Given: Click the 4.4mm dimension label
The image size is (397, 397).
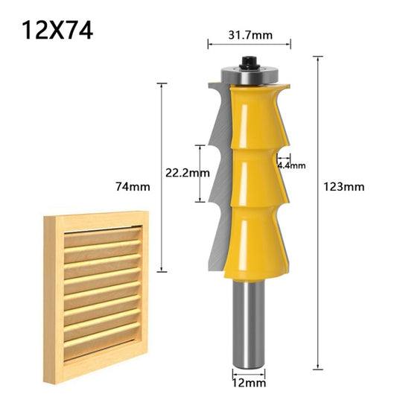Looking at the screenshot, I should pos(291,165).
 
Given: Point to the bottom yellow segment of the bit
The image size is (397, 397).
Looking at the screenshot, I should pos(250,238).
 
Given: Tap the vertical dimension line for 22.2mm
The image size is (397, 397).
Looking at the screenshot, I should pos(200,173).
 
